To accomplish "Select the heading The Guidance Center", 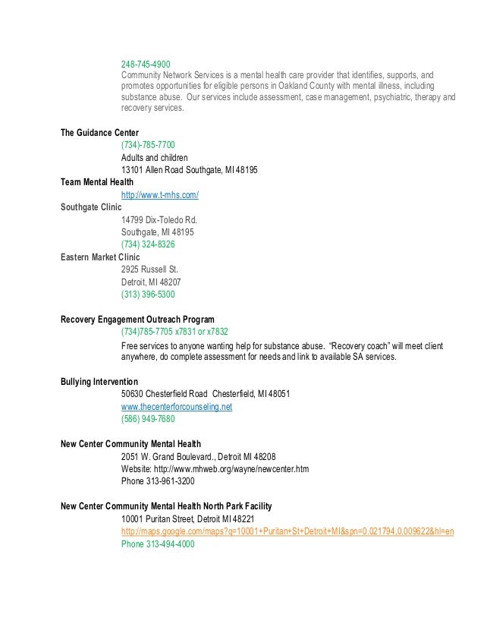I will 99,133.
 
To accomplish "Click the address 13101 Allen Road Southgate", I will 189,170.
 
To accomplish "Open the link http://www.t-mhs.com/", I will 160,195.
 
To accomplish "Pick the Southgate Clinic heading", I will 90,207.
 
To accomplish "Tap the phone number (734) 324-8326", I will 148,244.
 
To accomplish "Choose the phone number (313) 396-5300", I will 148,294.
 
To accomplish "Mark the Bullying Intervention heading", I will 99,382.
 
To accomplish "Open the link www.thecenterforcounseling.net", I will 177,407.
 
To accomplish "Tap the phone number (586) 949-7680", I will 148,419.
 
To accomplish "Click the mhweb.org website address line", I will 215,469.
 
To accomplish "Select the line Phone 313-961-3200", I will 157,481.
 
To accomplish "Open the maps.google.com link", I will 288,531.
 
